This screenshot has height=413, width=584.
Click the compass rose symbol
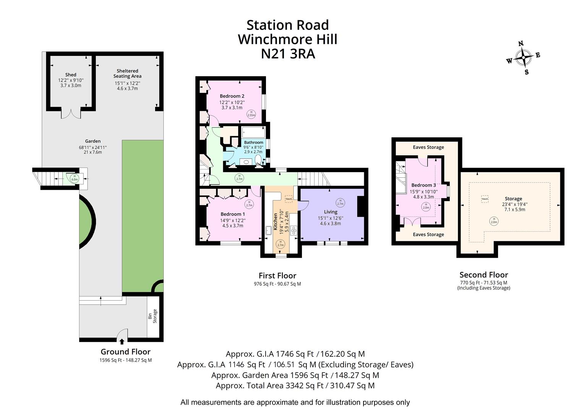522,59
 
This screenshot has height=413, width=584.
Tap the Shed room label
71,75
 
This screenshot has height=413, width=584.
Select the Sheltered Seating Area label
127,73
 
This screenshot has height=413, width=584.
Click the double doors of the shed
71,114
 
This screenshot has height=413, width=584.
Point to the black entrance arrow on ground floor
122,341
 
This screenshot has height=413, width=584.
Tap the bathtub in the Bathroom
253,132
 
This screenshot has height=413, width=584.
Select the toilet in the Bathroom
258,160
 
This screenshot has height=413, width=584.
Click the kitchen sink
268,229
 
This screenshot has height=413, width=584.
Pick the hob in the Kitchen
294,230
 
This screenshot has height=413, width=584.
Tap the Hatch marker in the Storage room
485,199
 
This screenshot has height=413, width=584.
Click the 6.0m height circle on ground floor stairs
74,178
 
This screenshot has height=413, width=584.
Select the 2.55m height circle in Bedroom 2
251,114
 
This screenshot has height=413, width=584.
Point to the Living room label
331,212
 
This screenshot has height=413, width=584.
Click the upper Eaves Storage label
428,147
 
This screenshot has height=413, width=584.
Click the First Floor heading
277,276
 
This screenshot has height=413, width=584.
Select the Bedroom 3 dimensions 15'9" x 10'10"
423,192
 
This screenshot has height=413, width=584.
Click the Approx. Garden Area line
295,375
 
